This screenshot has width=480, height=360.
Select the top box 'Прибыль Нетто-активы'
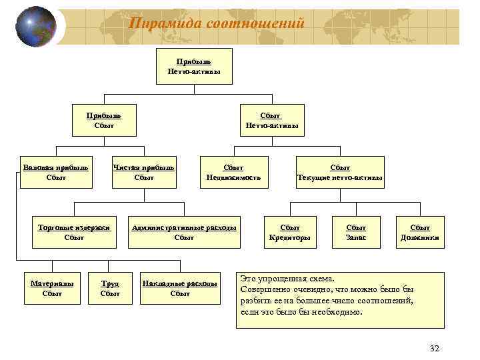coord(194,66)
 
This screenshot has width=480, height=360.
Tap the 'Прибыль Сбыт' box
coord(104,120)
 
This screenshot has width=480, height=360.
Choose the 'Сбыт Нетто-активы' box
coord(271,120)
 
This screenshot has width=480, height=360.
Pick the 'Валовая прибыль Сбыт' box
coord(56,172)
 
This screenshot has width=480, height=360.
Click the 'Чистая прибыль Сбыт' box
coord(144,172)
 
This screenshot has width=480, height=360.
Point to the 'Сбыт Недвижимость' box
coord(233,172)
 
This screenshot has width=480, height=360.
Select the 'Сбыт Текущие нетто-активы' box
coord(340,172)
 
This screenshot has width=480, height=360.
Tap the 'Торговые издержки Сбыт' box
coord(74,232)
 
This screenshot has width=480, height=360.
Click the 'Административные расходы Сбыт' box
coord(184,232)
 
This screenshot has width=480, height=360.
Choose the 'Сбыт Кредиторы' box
coord(289,232)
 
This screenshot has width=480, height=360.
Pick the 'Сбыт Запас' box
coord(357,232)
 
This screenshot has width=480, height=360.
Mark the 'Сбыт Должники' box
coord(420,232)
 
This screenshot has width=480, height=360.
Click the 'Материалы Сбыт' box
coord(51,288)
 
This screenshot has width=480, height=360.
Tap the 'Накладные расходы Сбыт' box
coord(180,288)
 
